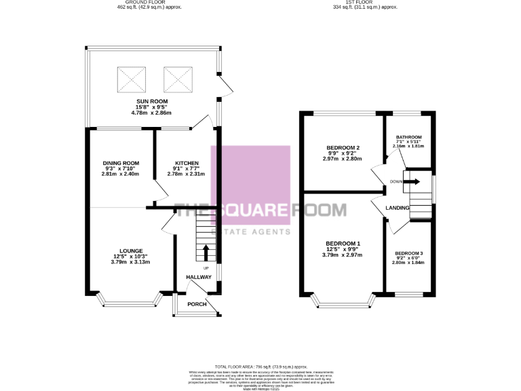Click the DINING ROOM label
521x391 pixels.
121,163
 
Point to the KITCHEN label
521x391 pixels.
187,163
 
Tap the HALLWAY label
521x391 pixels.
199,277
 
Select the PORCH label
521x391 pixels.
197,303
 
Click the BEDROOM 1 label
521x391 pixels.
343,244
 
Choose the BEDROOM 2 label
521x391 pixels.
343,148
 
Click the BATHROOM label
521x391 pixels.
409,137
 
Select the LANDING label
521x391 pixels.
396,208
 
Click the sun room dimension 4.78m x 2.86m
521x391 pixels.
149,112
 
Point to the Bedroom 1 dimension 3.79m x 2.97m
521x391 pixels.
343,255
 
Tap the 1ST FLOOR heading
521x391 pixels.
370,2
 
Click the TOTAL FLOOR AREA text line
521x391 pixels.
260,366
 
